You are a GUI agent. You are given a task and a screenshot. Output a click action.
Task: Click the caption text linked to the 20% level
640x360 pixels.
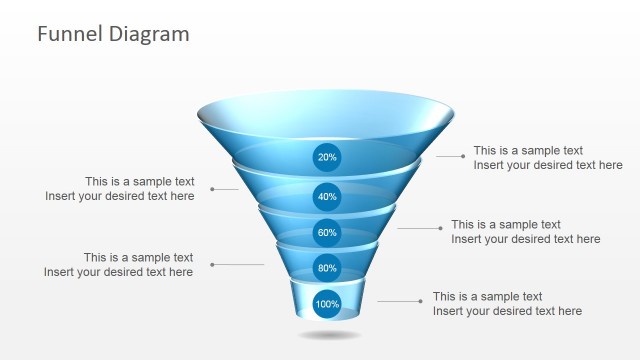[x=547, y=158]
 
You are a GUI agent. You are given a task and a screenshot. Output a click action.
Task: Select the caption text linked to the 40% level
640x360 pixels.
[x=120, y=189]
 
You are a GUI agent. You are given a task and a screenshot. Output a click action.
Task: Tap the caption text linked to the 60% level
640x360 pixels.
[x=525, y=232]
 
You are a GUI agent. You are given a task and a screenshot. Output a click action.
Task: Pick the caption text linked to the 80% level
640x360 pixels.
[x=119, y=265]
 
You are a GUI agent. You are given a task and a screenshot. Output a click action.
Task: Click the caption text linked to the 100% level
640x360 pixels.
[x=507, y=304]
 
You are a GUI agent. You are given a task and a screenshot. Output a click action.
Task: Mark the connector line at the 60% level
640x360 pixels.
[x=419, y=228]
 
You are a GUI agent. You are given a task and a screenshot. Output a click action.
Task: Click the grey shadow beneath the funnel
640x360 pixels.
[x=328, y=335]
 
